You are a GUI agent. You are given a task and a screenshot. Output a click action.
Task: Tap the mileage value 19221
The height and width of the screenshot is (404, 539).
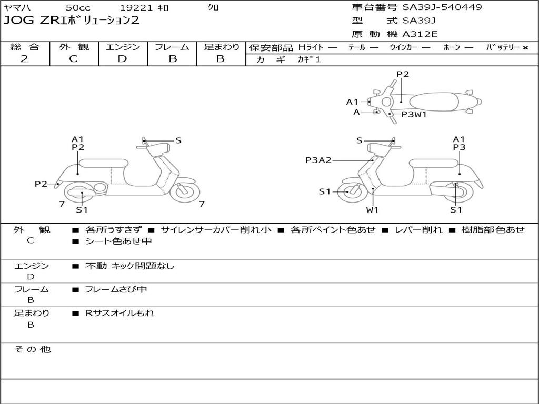coord(136,8)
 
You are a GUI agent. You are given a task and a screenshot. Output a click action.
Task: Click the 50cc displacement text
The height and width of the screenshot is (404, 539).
coord(78,8)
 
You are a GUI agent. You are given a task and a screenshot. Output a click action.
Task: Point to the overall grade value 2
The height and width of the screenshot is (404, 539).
coord(24,59)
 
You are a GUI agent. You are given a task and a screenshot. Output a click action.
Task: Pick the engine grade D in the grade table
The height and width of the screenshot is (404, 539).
coord(122,59)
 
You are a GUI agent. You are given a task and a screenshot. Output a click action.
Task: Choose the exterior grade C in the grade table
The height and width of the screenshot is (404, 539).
coord(73,59)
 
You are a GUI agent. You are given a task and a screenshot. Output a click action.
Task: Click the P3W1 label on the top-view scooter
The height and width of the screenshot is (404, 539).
coord(414,114)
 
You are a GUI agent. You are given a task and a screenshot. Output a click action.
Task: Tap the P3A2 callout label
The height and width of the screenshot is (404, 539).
coord(318,160)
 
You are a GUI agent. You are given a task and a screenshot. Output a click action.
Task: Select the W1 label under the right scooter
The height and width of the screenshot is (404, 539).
coord(373,210)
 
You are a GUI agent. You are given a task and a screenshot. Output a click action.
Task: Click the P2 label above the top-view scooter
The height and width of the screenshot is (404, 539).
coord(403,74)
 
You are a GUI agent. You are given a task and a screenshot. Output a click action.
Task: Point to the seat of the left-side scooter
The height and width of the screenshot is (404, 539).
coord(103,163)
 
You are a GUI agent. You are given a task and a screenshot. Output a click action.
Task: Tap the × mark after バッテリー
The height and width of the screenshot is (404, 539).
coord(525,48)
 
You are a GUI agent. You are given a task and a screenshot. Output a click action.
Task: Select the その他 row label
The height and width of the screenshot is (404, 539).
coord(32,349)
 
